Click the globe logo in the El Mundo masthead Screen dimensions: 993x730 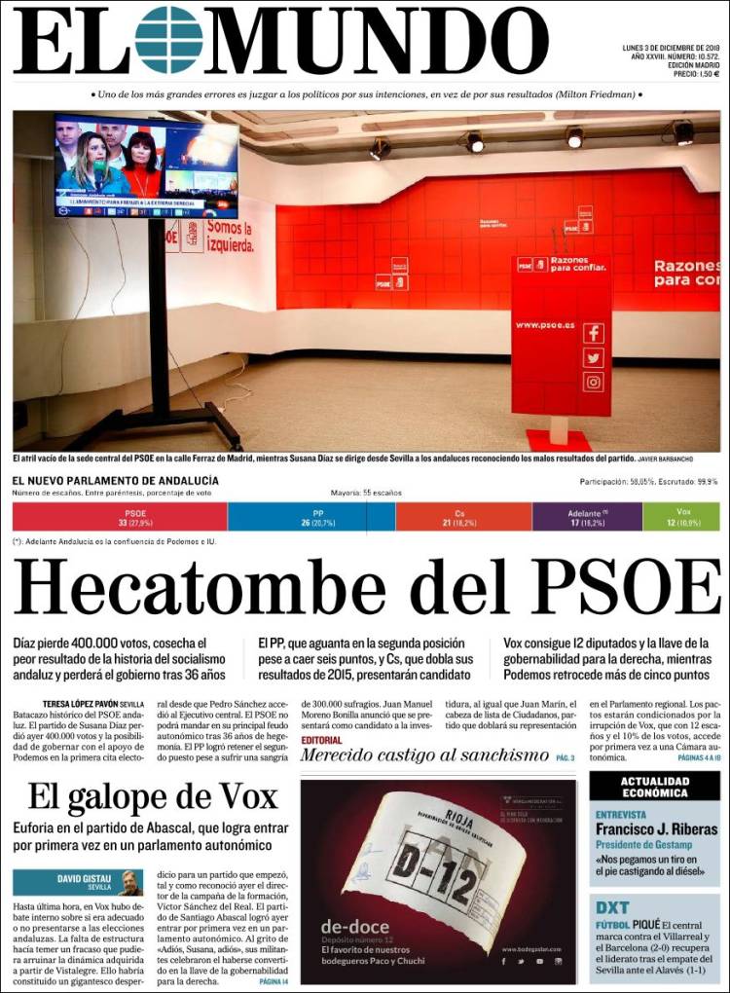[x=168, y=40]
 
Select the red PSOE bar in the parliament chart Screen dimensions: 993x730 [x=120, y=517]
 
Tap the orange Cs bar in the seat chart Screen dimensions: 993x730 [x=463, y=517]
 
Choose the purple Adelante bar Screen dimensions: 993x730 [x=587, y=517]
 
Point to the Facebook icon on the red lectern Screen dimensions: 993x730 [x=594, y=333]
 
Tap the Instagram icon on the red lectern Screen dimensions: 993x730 [x=594, y=382]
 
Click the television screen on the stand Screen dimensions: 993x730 [x=146, y=166]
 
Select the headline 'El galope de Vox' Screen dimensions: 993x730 [x=153, y=796]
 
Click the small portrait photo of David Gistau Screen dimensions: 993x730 [x=130, y=882]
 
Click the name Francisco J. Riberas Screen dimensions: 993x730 [x=656, y=829]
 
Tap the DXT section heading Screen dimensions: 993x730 [x=612, y=907]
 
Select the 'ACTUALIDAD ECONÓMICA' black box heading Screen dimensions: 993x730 [x=655, y=787]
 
